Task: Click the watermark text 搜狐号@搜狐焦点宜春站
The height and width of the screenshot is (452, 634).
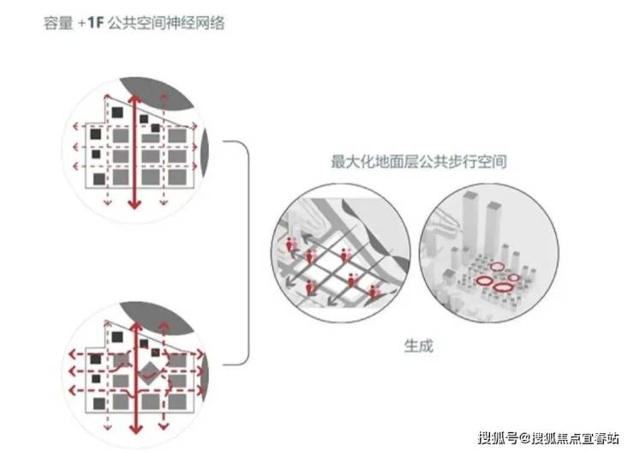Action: (547, 437)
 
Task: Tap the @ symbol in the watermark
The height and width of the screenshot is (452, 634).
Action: (523, 437)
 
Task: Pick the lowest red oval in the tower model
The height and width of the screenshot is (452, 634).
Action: (501, 288)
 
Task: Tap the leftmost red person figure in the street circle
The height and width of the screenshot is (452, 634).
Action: (291, 246)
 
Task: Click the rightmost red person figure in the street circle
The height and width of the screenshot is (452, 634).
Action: (375, 292)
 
